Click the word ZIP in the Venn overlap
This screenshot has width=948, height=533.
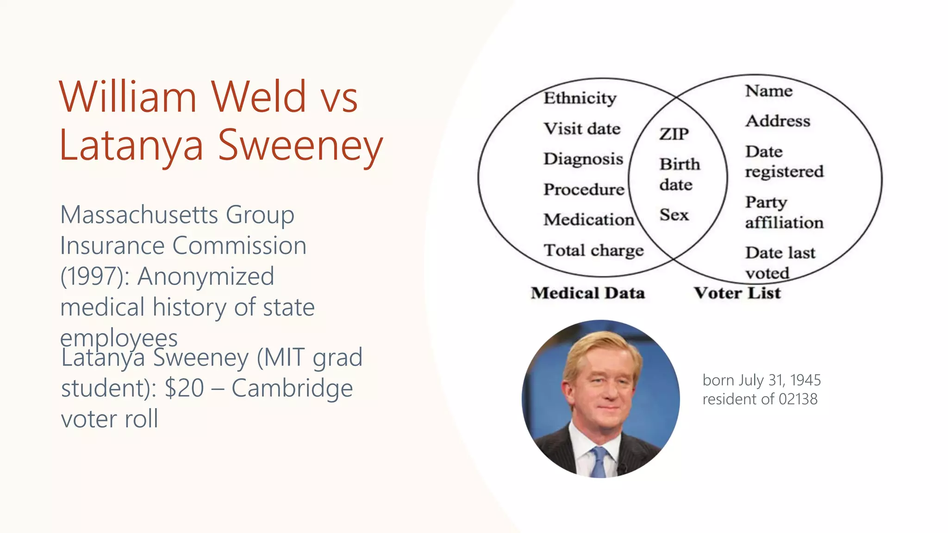pos(674,134)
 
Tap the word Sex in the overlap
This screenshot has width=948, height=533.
pos(674,215)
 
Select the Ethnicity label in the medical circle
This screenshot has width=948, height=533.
pos(580,98)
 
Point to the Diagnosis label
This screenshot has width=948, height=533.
pos(583,159)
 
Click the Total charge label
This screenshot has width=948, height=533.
pos(593,250)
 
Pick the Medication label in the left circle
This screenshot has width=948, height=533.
pos(589,220)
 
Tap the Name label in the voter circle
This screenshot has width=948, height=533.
pos(768,91)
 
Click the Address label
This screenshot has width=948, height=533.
pos(778,121)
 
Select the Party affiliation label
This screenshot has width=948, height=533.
pos(784,212)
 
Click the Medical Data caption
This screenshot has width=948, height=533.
pos(588,293)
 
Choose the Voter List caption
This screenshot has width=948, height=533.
pos(737,293)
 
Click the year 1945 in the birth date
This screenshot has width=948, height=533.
pos(805,380)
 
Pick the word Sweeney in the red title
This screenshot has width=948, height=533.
pos(300,145)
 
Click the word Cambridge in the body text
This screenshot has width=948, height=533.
pos(292,388)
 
